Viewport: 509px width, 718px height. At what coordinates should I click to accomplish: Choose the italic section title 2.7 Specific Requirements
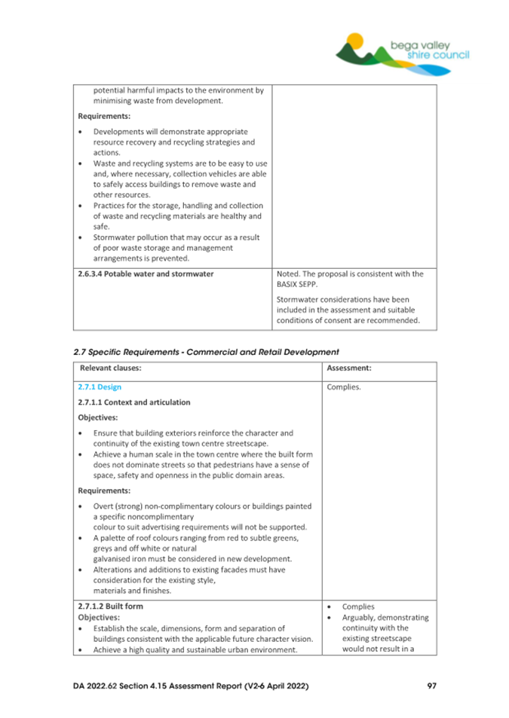[206, 351]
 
